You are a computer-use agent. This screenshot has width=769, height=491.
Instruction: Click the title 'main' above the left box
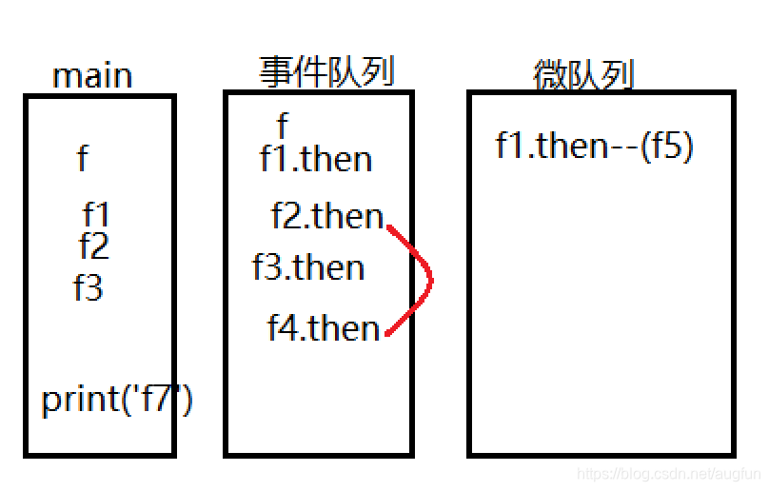pyautogui.click(x=92, y=76)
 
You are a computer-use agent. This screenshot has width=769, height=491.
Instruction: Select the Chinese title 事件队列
pyautogui.click(x=326, y=70)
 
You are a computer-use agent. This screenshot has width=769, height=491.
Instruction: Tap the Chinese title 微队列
pyautogui.click(x=583, y=75)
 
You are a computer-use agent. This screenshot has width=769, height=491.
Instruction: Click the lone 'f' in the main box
pyautogui.click(x=83, y=157)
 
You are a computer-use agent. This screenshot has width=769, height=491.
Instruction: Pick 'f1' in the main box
pyautogui.click(x=96, y=214)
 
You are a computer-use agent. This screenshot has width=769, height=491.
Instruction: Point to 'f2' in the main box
pyautogui.click(x=93, y=246)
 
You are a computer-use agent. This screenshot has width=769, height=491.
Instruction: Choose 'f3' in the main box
pyautogui.click(x=88, y=286)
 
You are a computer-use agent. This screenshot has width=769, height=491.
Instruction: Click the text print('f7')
pyautogui.click(x=117, y=399)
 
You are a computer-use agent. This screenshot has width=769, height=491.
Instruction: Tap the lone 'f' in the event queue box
pyautogui.click(x=282, y=125)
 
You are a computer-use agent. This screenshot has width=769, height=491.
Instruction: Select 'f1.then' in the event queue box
pyautogui.click(x=315, y=158)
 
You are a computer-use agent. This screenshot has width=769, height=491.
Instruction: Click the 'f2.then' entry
pyautogui.click(x=327, y=216)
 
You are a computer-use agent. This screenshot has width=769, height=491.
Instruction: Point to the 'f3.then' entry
pyautogui.click(x=308, y=267)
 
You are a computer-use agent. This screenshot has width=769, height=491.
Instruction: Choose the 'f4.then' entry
pyautogui.click(x=324, y=327)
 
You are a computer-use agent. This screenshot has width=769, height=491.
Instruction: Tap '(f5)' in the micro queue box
pyautogui.click(x=666, y=146)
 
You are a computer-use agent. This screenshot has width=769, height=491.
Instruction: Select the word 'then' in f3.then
pyautogui.click(x=328, y=267)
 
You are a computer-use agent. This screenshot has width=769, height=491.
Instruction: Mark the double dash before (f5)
pyautogui.click(x=623, y=147)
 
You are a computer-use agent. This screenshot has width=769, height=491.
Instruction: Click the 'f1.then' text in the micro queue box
pyautogui.click(x=552, y=146)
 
